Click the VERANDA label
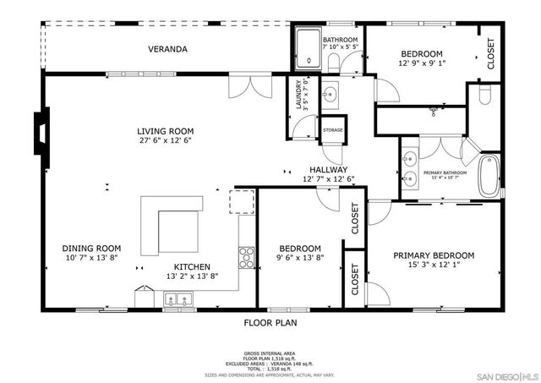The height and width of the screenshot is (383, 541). point(167,49)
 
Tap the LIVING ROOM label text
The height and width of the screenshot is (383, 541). point(166,131)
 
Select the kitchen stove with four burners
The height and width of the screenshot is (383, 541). point(246,256)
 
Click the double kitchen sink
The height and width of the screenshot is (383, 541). point(178,298)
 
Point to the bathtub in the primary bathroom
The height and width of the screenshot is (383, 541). point(489,175)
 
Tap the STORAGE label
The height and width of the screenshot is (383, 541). point(332,130)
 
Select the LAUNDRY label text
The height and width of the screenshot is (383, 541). point(298,96)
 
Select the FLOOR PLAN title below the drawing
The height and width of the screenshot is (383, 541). point(270,322)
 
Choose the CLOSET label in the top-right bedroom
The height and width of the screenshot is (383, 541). point(489,53)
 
